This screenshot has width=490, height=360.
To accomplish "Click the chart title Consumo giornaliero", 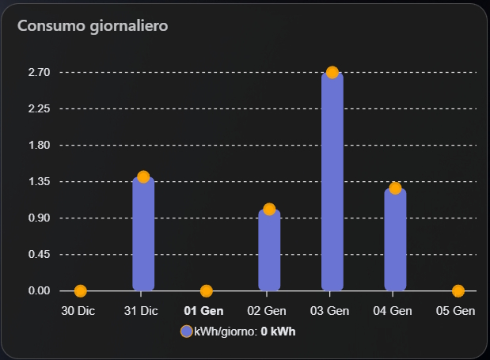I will pos(92,26).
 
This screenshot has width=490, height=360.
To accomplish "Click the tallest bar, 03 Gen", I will pos(332,182).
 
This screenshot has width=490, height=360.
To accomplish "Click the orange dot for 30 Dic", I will pos(80,291).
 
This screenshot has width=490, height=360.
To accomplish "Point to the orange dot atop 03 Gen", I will pos(332,72).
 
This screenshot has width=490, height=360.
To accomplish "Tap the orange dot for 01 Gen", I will pos(207,291).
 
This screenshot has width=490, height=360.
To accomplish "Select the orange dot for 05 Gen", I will pos(458,291).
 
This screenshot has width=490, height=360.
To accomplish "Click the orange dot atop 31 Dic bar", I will pos(143,176).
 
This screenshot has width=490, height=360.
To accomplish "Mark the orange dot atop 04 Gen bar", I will pos(395,188).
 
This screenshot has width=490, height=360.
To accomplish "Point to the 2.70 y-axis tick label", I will pos(39,72).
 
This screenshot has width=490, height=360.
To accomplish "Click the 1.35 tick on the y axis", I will pos(39,181).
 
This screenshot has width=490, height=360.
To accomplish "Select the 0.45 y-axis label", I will pos(39,254).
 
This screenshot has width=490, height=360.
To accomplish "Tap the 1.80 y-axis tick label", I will pos(39,145).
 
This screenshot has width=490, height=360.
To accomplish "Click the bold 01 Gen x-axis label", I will pos(203,311).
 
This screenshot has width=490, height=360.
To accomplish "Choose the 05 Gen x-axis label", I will pos(456,311).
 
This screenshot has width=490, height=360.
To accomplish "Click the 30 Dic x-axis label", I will pos(78,311).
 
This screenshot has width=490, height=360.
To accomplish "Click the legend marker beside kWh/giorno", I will pos(186,332).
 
